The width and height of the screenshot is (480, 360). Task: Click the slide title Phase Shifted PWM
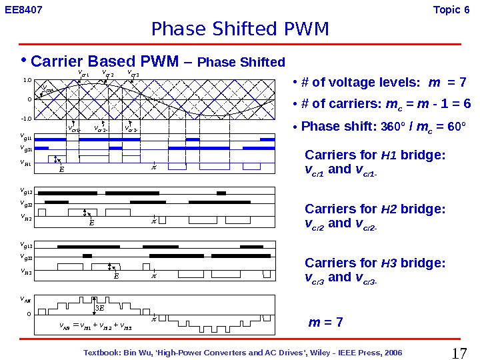(240, 29)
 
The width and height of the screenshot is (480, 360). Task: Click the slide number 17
(459, 353)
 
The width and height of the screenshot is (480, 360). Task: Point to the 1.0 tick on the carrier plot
(28, 80)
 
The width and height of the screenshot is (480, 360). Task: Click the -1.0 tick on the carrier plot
(27, 118)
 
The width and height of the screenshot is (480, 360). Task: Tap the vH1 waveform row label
(27, 162)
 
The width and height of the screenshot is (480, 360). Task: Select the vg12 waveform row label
(27, 192)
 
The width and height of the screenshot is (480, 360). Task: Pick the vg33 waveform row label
(27, 257)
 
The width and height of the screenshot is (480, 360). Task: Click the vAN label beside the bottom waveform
(27, 300)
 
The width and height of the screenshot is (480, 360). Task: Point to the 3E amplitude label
(100, 308)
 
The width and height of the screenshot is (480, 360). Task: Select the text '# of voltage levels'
(361, 83)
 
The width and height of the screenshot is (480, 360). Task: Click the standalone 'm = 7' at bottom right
(326, 323)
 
